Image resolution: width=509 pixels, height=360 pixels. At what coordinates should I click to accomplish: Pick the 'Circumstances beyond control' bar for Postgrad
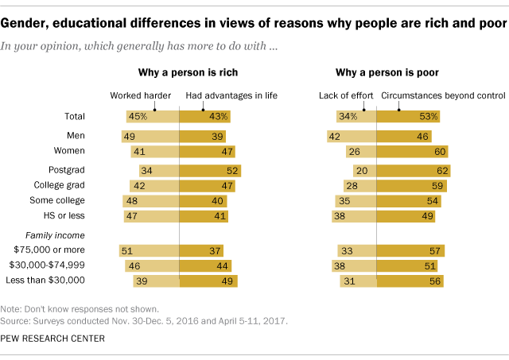click(x=413, y=170)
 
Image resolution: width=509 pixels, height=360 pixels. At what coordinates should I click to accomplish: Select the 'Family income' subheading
click(x=58, y=236)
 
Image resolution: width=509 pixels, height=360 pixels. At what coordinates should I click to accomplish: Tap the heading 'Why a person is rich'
click(x=178, y=74)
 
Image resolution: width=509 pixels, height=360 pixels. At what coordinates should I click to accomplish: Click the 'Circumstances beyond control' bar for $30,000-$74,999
click(x=406, y=266)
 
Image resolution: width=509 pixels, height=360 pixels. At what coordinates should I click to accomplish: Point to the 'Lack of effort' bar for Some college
click(x=356, y=200)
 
